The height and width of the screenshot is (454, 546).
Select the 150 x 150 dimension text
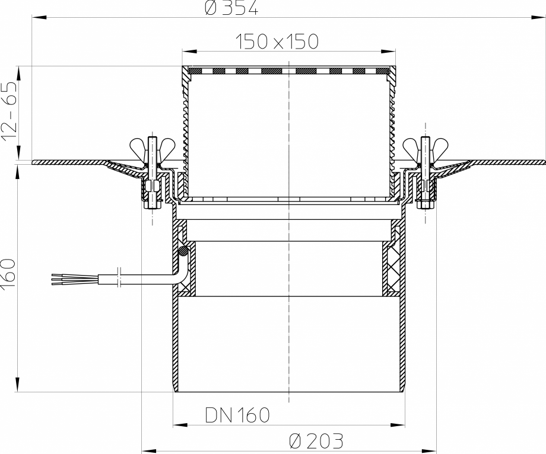[x=277, y=41]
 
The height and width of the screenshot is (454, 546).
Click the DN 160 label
[x=237, y=414]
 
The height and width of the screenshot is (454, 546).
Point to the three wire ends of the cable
[x=59, y=279]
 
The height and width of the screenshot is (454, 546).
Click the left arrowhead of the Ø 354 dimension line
[x=36, y=18]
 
